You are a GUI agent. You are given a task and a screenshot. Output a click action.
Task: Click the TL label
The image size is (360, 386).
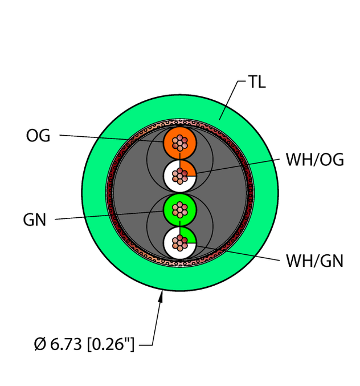click(256, 82)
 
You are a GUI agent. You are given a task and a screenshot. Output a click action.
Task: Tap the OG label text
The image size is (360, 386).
click(38, 136)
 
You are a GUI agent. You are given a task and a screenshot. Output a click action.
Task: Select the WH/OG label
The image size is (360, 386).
click(314, 160)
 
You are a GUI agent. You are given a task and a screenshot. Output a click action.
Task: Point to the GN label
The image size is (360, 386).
click(35, 220)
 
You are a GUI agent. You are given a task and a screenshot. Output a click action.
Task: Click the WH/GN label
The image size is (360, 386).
click(314, 261)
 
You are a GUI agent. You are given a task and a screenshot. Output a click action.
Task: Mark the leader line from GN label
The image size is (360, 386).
click(108, 216)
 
